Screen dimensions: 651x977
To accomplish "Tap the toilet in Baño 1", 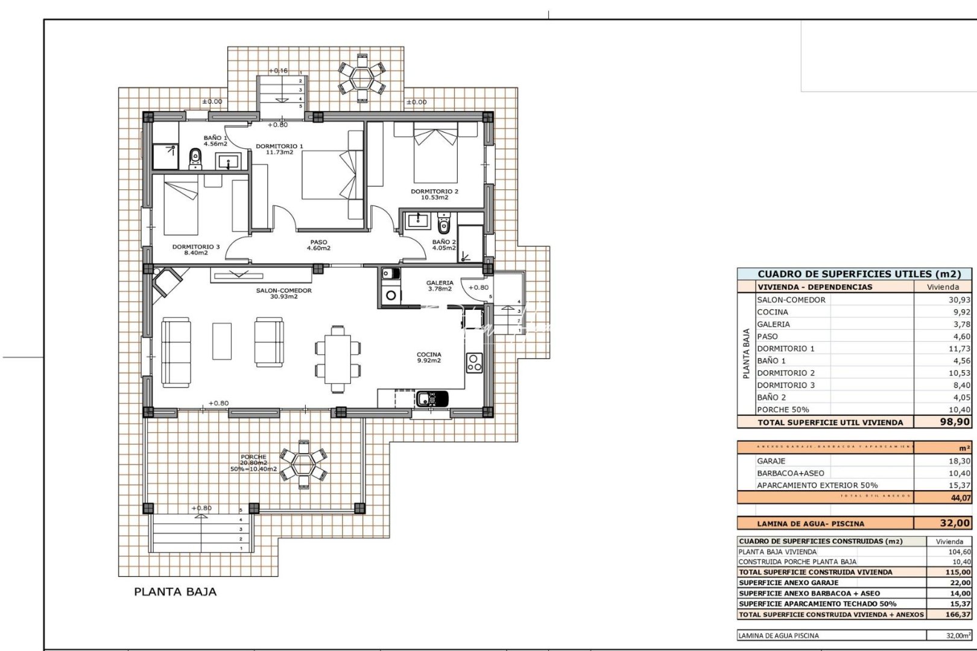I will coord(195,159).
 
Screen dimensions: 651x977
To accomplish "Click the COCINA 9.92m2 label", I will coord(429,357).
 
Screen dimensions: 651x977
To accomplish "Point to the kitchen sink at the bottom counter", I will coord(431,398).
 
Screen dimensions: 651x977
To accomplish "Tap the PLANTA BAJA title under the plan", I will coord(175,592).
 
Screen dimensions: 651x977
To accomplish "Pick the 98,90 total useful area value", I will coord(955,422).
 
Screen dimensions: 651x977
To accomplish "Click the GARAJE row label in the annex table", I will coord(771,461).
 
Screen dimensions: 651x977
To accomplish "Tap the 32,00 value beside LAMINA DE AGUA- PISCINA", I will coord(955,523).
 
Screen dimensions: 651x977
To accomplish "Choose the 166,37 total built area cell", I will coord(955,615).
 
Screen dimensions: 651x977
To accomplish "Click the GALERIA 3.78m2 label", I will coord(439,286).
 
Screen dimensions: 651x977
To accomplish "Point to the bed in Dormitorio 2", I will coord(435,154).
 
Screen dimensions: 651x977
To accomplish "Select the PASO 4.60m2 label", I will coord(318,245).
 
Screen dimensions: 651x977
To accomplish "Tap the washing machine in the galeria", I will coord(390,295).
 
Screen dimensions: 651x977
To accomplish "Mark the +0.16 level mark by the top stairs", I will coord(278,71).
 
